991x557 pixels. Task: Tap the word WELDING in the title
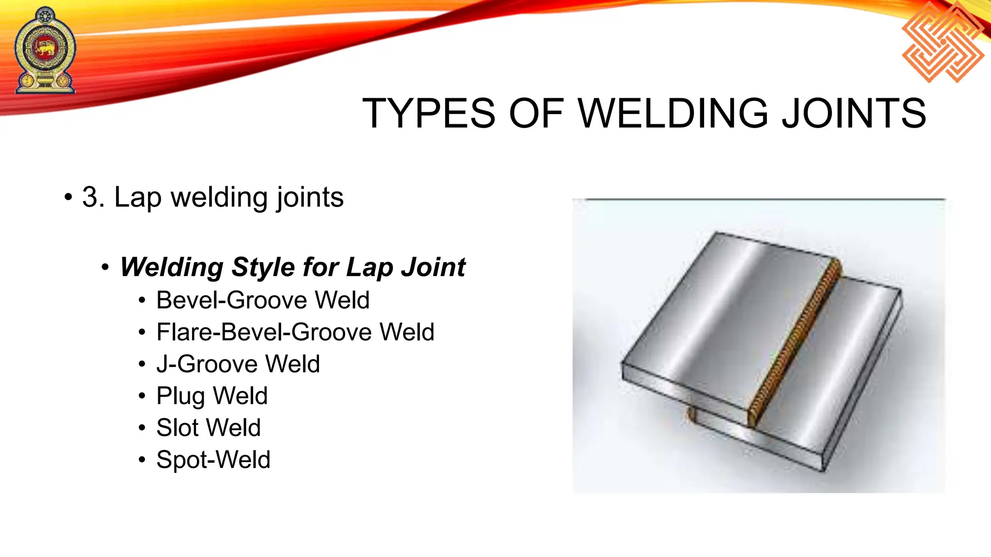coord(673,114)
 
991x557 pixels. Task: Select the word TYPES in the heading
coord(429,114)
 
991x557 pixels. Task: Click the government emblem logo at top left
coord(45,50)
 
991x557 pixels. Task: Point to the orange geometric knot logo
coord(943,42)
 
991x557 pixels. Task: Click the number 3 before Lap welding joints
coord(91,197)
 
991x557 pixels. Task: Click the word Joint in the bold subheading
coord(435,267)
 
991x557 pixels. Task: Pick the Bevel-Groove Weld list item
coord(263,300)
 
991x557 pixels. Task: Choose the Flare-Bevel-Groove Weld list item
coord(295,332)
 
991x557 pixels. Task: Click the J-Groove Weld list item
coord(238,364)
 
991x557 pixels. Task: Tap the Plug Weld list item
coord(212,396)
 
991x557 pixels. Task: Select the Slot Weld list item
coord(209,428)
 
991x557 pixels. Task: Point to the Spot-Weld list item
coord(213,460)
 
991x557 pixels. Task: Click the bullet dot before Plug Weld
coord(142,396)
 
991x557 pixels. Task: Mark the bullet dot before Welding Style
coord(105,268)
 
